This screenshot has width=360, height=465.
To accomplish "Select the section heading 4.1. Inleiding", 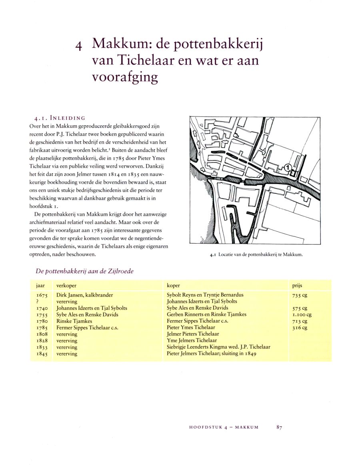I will coord(60,118).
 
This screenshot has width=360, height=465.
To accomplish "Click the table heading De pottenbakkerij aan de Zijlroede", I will coord(84,271).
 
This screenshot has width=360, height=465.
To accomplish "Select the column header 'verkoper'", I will coord(66,286).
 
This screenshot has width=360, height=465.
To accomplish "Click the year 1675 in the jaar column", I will coord(42,295).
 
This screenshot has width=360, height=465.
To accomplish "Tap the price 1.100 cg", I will coord(302,315).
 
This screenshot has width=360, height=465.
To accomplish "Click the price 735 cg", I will coord(300,295).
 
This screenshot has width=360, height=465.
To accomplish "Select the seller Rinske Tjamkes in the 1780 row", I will coord(74,321).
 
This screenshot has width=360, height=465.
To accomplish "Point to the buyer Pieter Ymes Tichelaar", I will coord(191,327).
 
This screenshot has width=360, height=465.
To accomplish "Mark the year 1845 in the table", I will coord(42,354).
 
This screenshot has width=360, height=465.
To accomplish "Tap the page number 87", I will coord(279,427).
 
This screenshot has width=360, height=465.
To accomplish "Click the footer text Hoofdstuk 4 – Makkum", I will coord(224,427).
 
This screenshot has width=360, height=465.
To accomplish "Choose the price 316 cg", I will coord(300,327).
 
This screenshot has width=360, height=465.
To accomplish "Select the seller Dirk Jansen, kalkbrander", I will coord(85,295).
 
